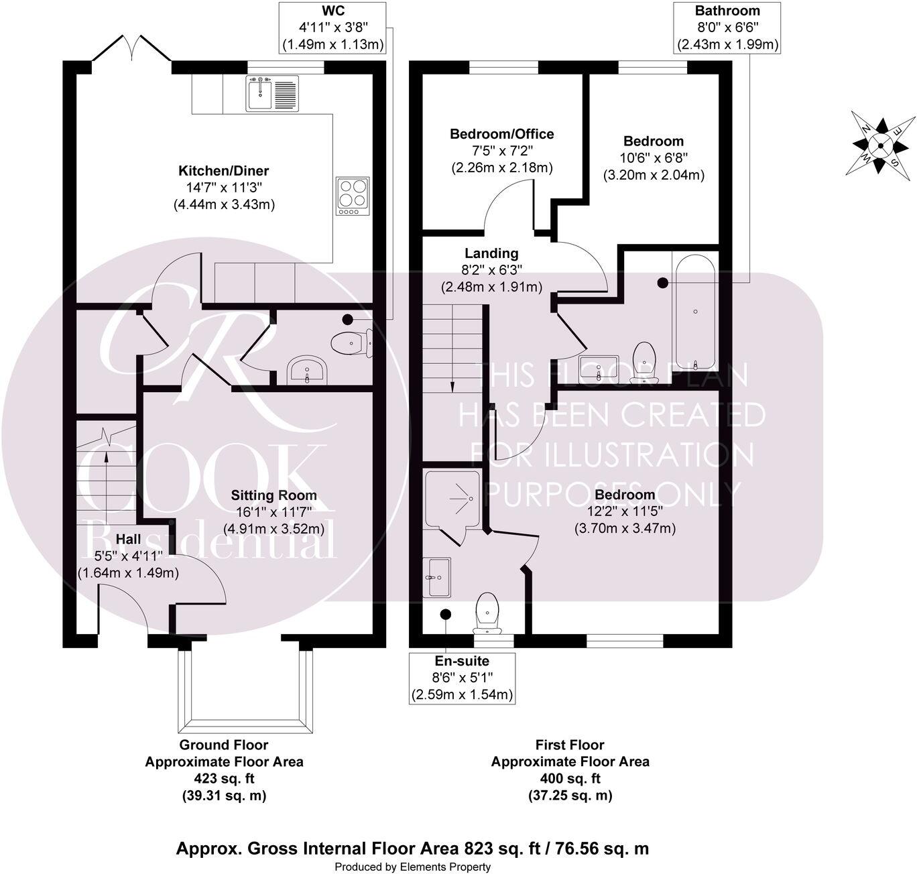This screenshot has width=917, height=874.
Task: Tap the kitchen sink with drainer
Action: click(x=272, y=94)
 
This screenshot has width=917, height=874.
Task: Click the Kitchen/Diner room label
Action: click(x=223, y=170)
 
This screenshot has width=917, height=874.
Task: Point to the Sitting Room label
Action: click(x=273, y=495)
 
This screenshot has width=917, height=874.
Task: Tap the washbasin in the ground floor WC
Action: click(x=306, y=370)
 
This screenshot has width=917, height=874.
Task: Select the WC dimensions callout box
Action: click(x=333, y=28)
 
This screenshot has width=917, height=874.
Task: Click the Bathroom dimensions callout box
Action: click(x=727, y=28)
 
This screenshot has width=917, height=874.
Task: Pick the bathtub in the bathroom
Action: click(x=695, y=313)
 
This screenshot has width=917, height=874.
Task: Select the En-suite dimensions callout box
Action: click(x=462, y=678)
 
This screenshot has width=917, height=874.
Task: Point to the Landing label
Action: click(x=491, y=253)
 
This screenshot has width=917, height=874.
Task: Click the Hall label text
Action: click(x=128, y=539)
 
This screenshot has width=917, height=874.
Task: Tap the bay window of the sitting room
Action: click(x=245, y=691)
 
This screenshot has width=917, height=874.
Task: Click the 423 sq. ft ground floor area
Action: click(x=224, y=778)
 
